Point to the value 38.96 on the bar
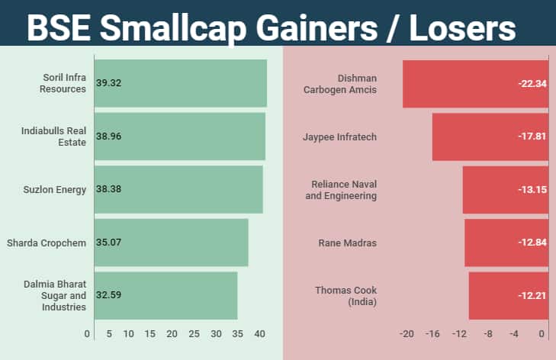coord(109,137)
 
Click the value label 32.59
coord(109,295)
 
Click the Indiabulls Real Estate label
coord(53,136)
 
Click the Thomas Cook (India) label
coord(346,295)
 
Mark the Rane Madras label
coord(348,243)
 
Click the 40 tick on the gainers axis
coord(260,334)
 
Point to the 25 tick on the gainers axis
coord(194,334)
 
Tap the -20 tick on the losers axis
coord(407,334)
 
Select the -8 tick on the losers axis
coord(487,334)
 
